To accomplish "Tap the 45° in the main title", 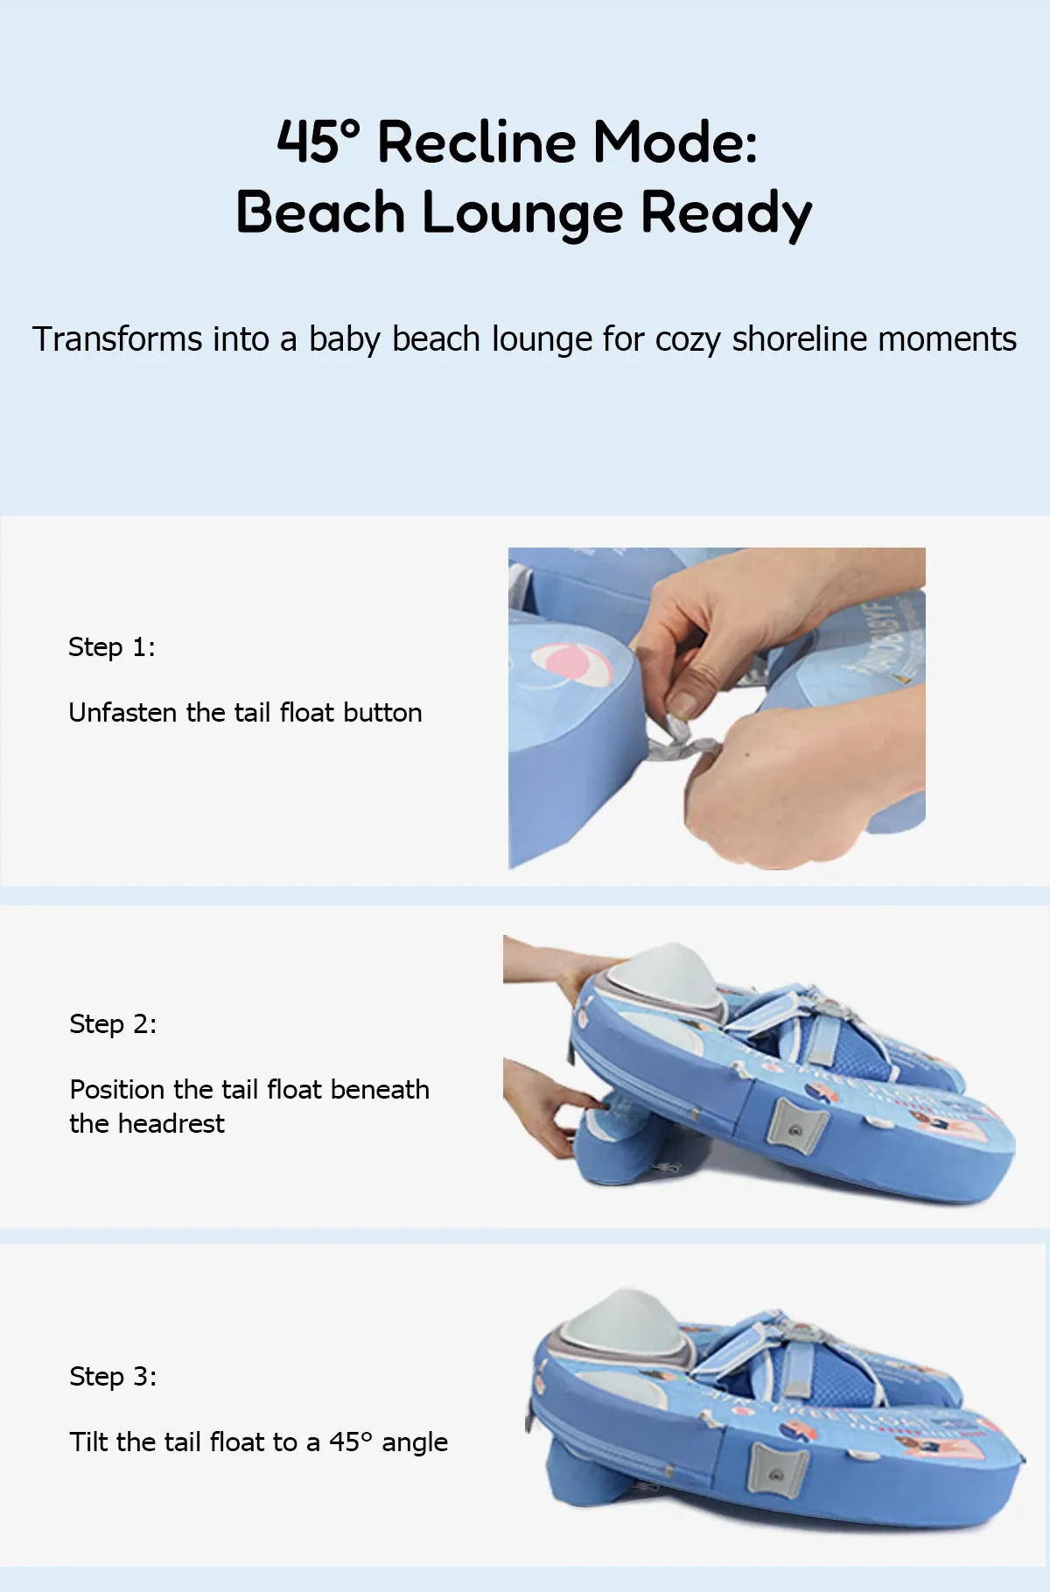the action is [318, 142].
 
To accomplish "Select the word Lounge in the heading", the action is [521, 214].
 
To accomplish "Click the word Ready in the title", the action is [726, 214].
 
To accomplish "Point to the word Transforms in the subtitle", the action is [117, 339].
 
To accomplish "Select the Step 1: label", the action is [112, 647].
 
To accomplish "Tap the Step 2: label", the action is [113, 1024].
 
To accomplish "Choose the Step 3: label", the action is [113, 1377].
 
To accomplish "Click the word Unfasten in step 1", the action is [123, 713].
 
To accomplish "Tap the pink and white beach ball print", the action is [571, 666].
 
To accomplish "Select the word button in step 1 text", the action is [382, 713].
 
